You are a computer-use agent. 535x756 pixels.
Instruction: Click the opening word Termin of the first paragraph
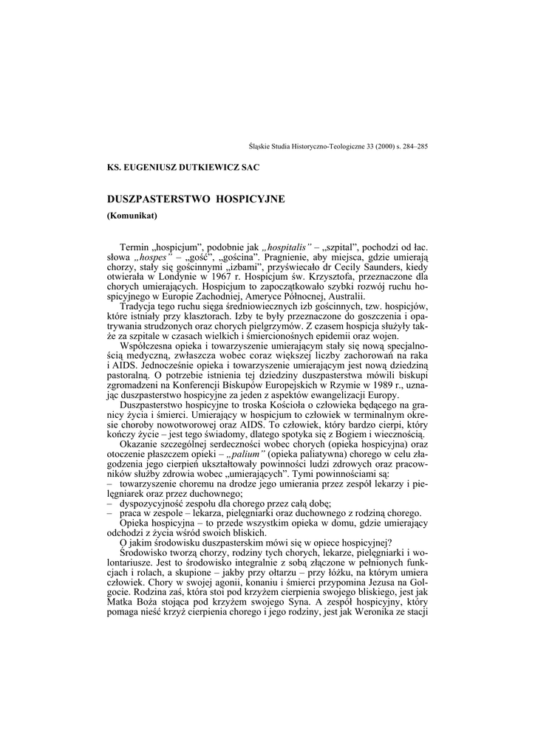point(134,245)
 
